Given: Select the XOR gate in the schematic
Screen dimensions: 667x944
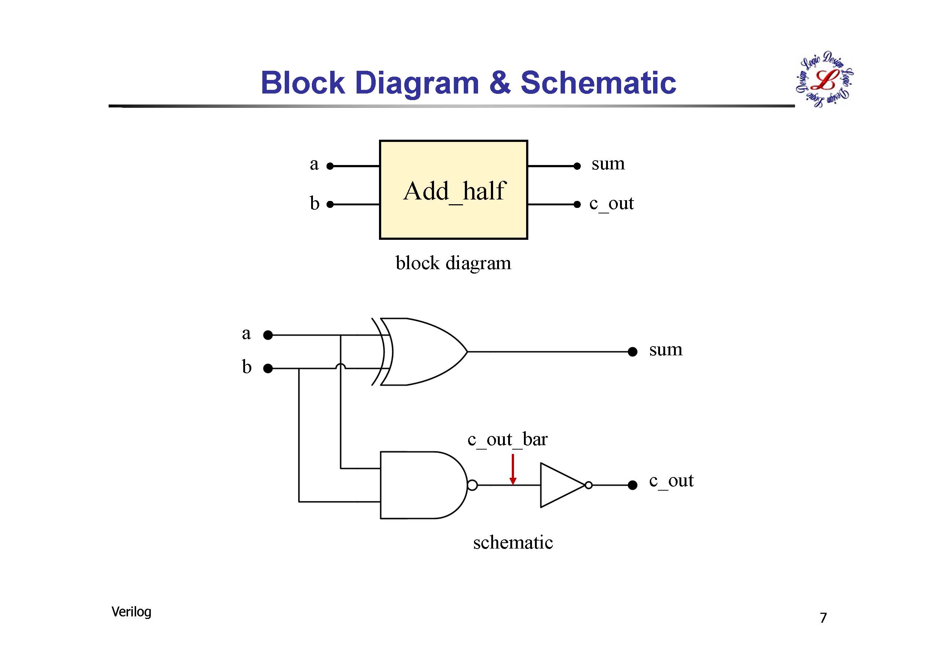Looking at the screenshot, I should point(423,352).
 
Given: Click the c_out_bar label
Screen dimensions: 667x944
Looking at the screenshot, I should point(507,439).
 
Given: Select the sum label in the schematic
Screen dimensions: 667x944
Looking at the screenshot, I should point(666,350).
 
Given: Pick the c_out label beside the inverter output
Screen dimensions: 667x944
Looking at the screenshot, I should point(671,480).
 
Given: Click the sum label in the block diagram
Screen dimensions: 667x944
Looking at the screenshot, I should point(608,164).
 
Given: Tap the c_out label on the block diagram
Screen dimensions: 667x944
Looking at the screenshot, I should point(611,204).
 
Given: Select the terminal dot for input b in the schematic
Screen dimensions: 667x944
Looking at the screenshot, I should point(268,369).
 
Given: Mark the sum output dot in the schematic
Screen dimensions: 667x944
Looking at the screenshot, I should point(633,352).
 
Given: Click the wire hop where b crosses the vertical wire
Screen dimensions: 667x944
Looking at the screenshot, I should point(340,367).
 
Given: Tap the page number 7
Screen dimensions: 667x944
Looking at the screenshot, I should point(823,618).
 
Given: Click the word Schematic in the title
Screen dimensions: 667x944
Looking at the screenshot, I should point(598,83).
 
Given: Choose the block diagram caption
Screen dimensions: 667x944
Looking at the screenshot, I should point(453,263).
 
